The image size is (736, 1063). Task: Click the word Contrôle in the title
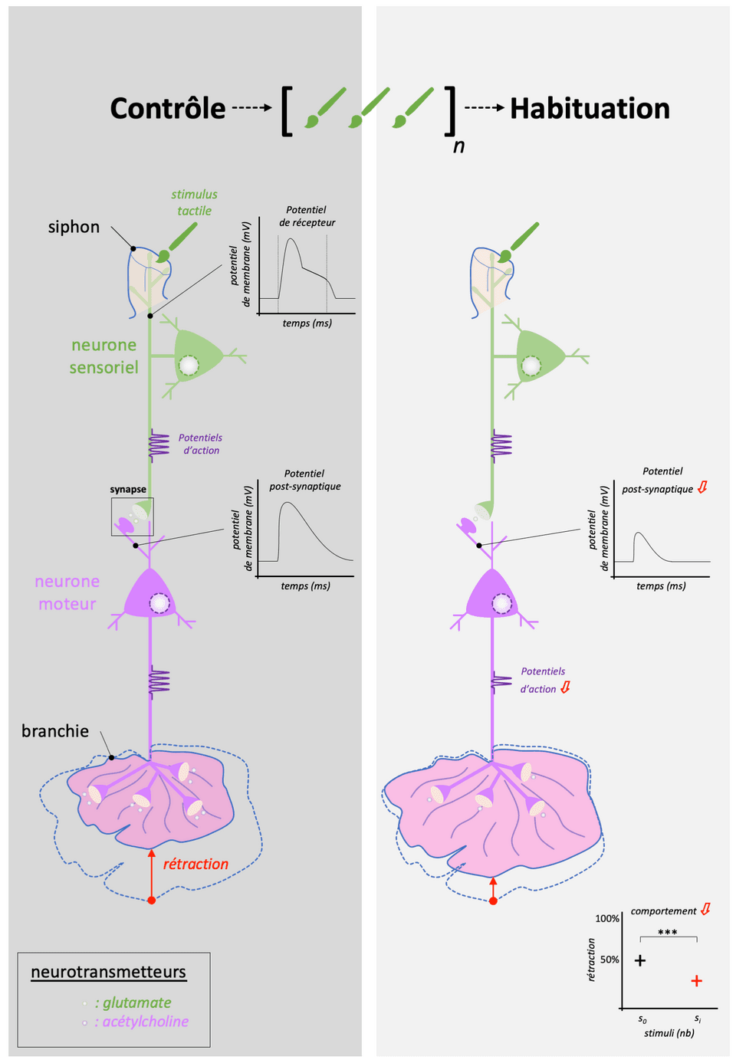168,109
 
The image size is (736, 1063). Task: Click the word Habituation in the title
590,109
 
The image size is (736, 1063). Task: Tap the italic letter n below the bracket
458,146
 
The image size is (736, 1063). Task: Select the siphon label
74,227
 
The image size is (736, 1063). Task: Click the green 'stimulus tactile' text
194,202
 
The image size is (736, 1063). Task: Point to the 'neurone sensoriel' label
104,356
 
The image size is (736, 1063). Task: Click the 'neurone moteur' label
67,592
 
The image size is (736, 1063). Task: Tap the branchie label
55,731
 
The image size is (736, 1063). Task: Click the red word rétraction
195,864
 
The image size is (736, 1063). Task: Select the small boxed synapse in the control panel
132,517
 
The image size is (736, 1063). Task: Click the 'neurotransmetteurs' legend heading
108,972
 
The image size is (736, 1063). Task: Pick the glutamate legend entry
133,1002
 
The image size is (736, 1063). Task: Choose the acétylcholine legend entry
141,1022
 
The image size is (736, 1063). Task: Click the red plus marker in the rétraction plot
696,981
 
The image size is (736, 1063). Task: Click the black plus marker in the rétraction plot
640,960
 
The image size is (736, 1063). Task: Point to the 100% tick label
607,918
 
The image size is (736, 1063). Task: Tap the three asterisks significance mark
668,933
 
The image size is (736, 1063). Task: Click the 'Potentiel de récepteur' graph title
307,216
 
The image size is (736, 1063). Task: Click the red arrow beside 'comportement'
705,910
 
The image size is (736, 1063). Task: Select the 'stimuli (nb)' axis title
669,1033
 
